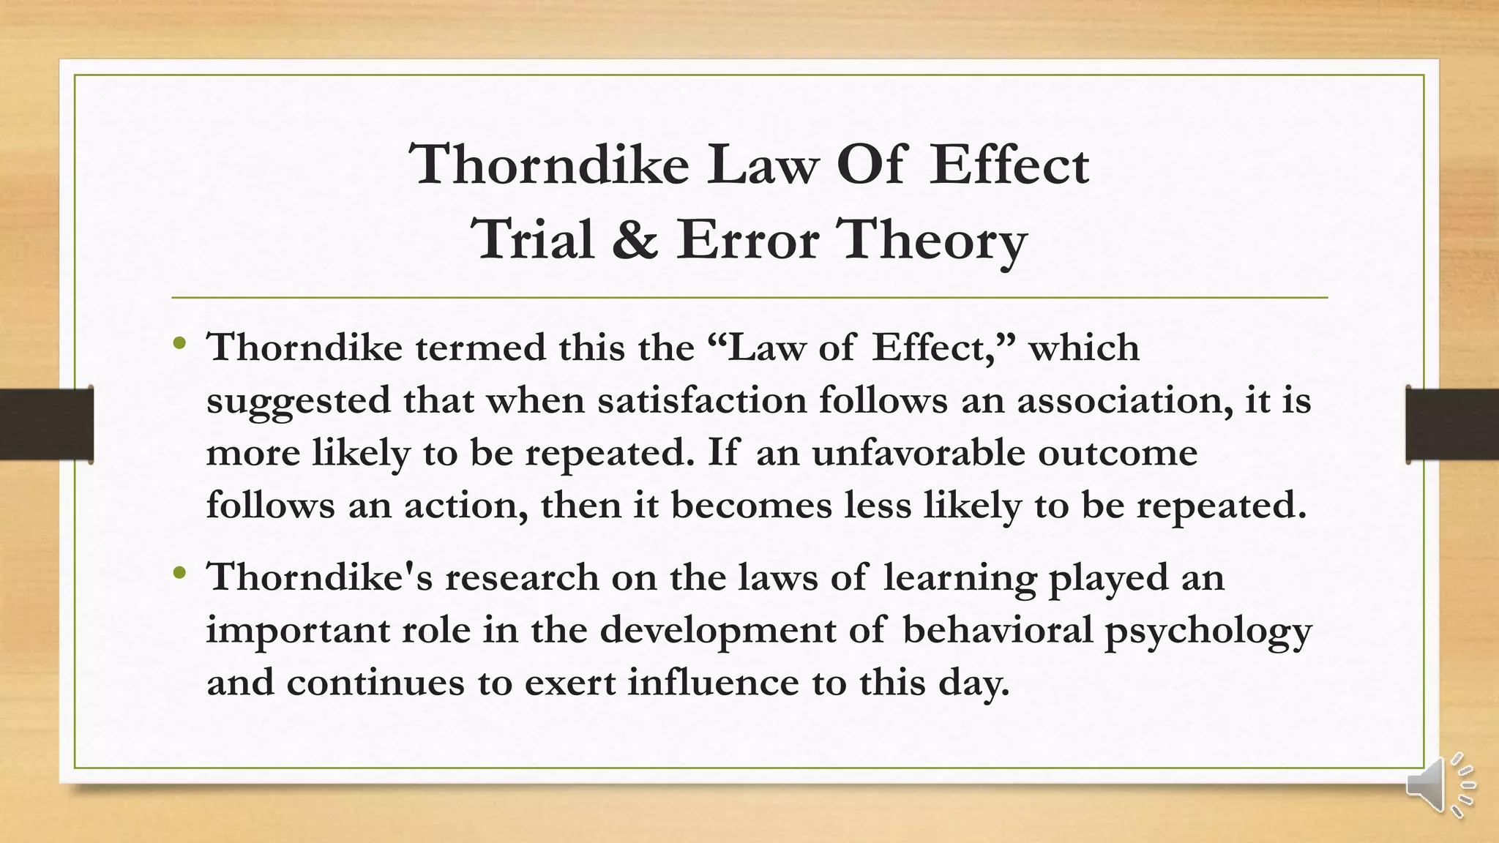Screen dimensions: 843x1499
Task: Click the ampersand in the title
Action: pos(635,240)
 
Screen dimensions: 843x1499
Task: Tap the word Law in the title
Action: pos(761,165)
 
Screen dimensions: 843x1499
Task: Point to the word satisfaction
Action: pos(701,400)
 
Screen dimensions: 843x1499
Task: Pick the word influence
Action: pos(713,683)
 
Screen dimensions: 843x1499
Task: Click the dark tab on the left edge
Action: pos(46,424)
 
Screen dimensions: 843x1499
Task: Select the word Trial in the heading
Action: pos(533,240)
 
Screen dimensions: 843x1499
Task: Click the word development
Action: pos(718,630)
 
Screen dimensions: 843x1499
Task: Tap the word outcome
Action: pos(1117,453)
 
